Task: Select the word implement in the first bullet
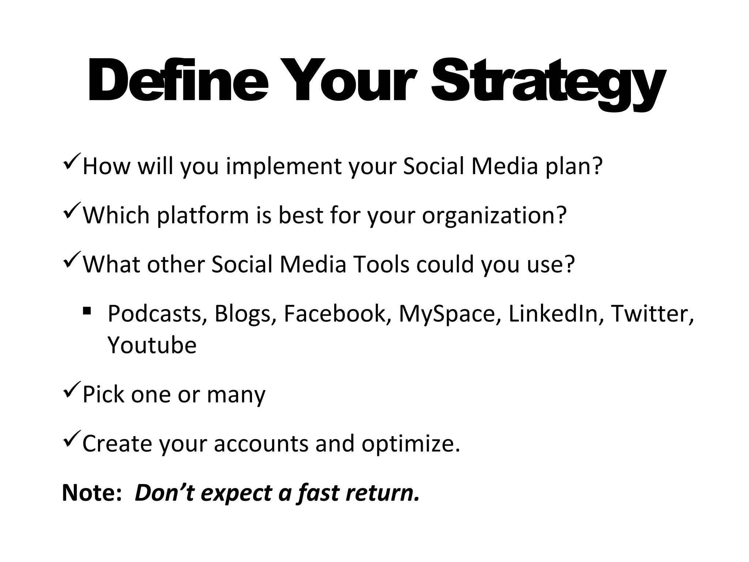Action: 283,166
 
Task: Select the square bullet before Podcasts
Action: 87,311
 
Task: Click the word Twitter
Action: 651,314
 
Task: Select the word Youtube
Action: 152,345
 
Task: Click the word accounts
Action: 261,444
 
